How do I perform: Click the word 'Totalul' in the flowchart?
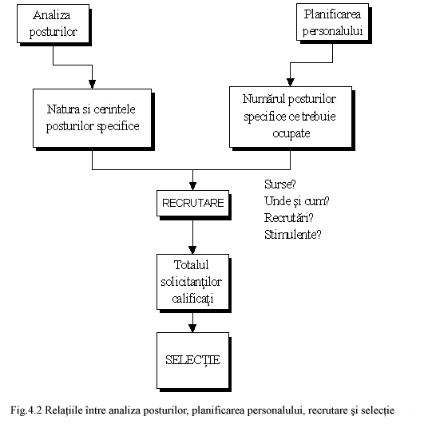(x=191, y=265)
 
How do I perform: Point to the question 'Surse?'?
(x=280, y=184)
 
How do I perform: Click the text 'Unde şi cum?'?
(x=297, y=201)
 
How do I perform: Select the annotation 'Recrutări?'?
(x=289, y=218)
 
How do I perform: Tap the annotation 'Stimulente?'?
(x=293, y=235)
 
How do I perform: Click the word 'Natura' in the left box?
(x=63, y=109)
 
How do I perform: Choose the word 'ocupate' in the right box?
(x=291, y=133)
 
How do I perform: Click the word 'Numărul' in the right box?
(x=262, y=99)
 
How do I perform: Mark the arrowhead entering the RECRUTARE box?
(x=193, y=186)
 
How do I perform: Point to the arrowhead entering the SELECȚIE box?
(x=192, y=328)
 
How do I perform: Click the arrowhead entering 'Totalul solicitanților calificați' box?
(x=192, y=250)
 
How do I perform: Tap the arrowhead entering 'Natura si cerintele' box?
(x=93, y=85)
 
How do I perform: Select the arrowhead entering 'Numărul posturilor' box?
(x=291, y=82)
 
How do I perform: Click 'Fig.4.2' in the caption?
(x=26, y=410)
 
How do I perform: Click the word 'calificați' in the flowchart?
(x=192, y=299)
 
